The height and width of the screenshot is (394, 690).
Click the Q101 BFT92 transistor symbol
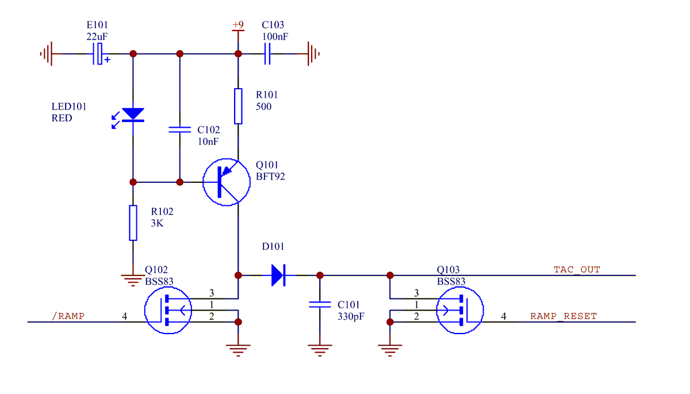click(226, 182)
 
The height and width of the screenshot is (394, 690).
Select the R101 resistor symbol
click(238, 106)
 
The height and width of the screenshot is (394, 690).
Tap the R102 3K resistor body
click(133, 223)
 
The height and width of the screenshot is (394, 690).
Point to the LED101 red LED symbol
click(133, 114)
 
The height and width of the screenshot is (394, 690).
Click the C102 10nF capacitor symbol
click(179, 130)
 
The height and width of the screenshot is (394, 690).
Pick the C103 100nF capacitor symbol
click(267, 53)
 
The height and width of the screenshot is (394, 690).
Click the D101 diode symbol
click(278, 276)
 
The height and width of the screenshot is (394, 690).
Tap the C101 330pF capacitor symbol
click(320, 304)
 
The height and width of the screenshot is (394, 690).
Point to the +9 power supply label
click(237, 25)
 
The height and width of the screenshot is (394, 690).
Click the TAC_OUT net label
click(577, 269)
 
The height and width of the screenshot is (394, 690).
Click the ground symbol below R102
click(133, 280)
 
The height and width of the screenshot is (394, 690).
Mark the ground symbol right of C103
click(312, 53)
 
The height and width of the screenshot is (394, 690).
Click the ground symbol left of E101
click(47, 53)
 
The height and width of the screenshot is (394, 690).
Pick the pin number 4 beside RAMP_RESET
click(504, 316)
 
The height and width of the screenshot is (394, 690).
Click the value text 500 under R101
click(263, 107)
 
